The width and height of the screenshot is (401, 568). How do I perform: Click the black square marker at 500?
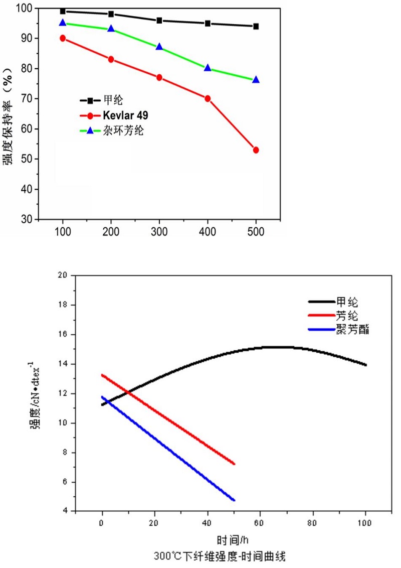256,26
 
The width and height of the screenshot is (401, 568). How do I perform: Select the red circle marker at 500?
256,150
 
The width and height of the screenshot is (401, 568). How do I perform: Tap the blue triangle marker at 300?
159,47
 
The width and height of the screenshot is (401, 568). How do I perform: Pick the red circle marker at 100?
63,38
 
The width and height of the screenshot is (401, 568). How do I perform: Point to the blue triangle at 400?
208,68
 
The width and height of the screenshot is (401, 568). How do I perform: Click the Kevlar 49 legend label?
127,116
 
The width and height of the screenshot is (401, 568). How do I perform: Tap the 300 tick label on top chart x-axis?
159,232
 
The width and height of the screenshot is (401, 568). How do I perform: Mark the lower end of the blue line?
234,500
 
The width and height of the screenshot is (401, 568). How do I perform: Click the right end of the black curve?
366,365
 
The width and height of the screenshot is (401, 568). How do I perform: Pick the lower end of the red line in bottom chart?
234,464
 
